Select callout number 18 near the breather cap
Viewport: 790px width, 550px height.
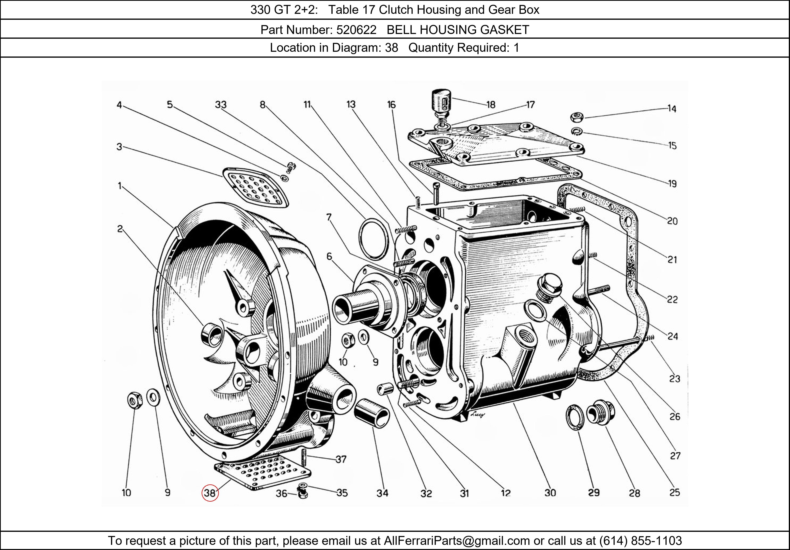[491, 105]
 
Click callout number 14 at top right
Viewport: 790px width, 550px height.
[672, 109]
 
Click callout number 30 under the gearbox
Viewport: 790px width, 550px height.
[550, 493]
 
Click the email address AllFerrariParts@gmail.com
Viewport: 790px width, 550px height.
[457, 541]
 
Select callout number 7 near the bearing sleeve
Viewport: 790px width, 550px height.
[329, 217]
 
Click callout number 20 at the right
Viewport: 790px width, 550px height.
[672, 221]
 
